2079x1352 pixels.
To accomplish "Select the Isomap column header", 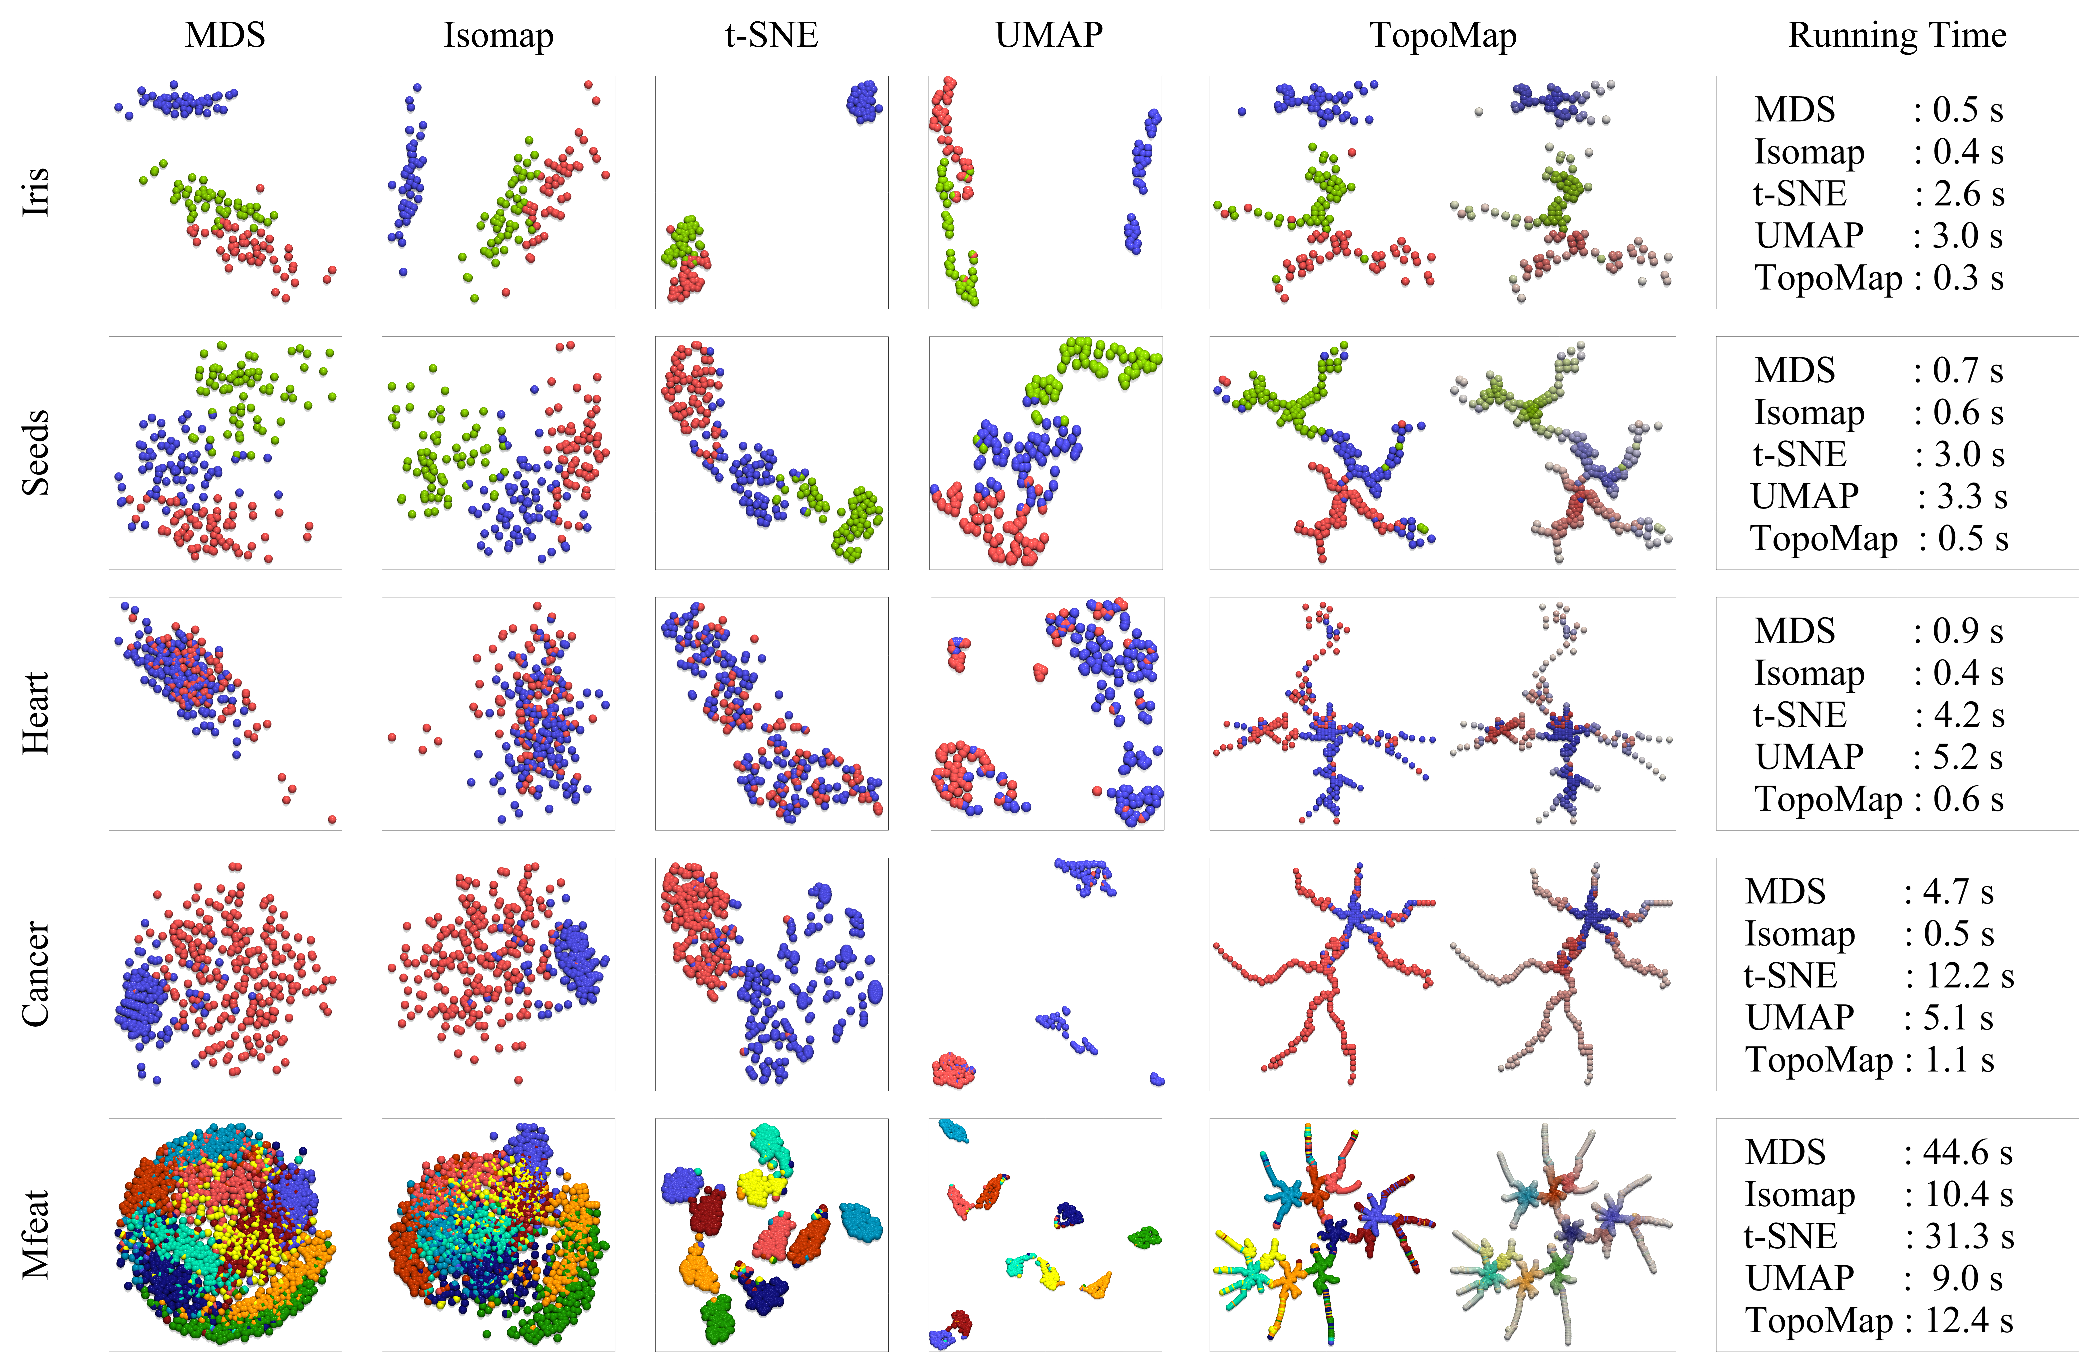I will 498,35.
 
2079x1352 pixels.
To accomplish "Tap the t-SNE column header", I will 771,35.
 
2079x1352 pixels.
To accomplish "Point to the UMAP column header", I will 1048,35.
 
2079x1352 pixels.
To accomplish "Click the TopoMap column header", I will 1442,35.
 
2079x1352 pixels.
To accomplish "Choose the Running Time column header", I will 1897,35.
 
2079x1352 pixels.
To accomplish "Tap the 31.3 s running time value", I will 1970,1237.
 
